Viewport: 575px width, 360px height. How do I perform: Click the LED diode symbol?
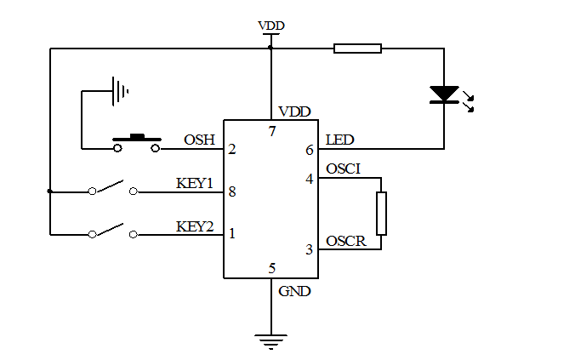point(444,94)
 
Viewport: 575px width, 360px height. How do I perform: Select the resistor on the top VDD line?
point(357,49)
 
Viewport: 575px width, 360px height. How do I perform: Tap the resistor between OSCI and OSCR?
point(381,214)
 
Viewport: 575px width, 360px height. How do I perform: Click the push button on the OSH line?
point(136,142)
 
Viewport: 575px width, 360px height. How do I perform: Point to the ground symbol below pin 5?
point(270,342)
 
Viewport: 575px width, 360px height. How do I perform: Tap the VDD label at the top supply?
point(270,26)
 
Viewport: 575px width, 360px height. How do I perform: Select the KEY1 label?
point(194,183)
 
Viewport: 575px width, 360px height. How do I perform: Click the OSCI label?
point(344,169)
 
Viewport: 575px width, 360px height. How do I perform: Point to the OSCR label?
point(345,242)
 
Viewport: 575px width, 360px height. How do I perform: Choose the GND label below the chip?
point(294,291)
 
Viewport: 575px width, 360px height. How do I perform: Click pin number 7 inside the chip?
point(272,131)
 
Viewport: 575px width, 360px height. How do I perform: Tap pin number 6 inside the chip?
point(310,150)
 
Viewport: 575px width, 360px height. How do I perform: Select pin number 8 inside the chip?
point(232,192)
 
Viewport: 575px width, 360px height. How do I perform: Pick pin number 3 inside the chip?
point(310,249)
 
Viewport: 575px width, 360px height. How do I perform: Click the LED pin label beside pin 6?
point(340,140)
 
